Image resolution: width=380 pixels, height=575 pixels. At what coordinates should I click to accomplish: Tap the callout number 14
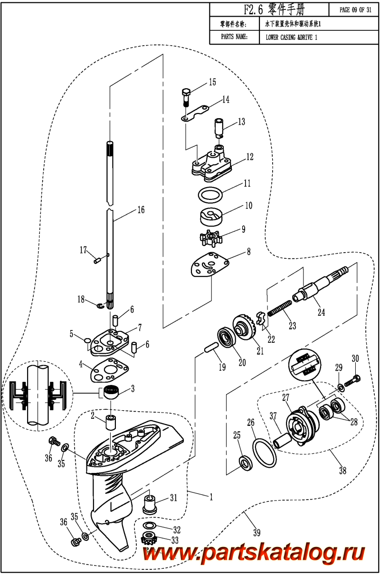click(225, 100)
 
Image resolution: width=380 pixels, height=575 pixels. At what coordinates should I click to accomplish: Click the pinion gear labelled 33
click(150, 539)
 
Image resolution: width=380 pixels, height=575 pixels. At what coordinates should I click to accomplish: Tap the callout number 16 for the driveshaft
click(141, 210)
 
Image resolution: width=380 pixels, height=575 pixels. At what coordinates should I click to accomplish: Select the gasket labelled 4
click(109, 368)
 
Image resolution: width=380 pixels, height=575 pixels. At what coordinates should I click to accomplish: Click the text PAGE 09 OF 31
click(355, 10)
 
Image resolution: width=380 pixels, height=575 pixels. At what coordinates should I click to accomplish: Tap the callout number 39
click(256, 532)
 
